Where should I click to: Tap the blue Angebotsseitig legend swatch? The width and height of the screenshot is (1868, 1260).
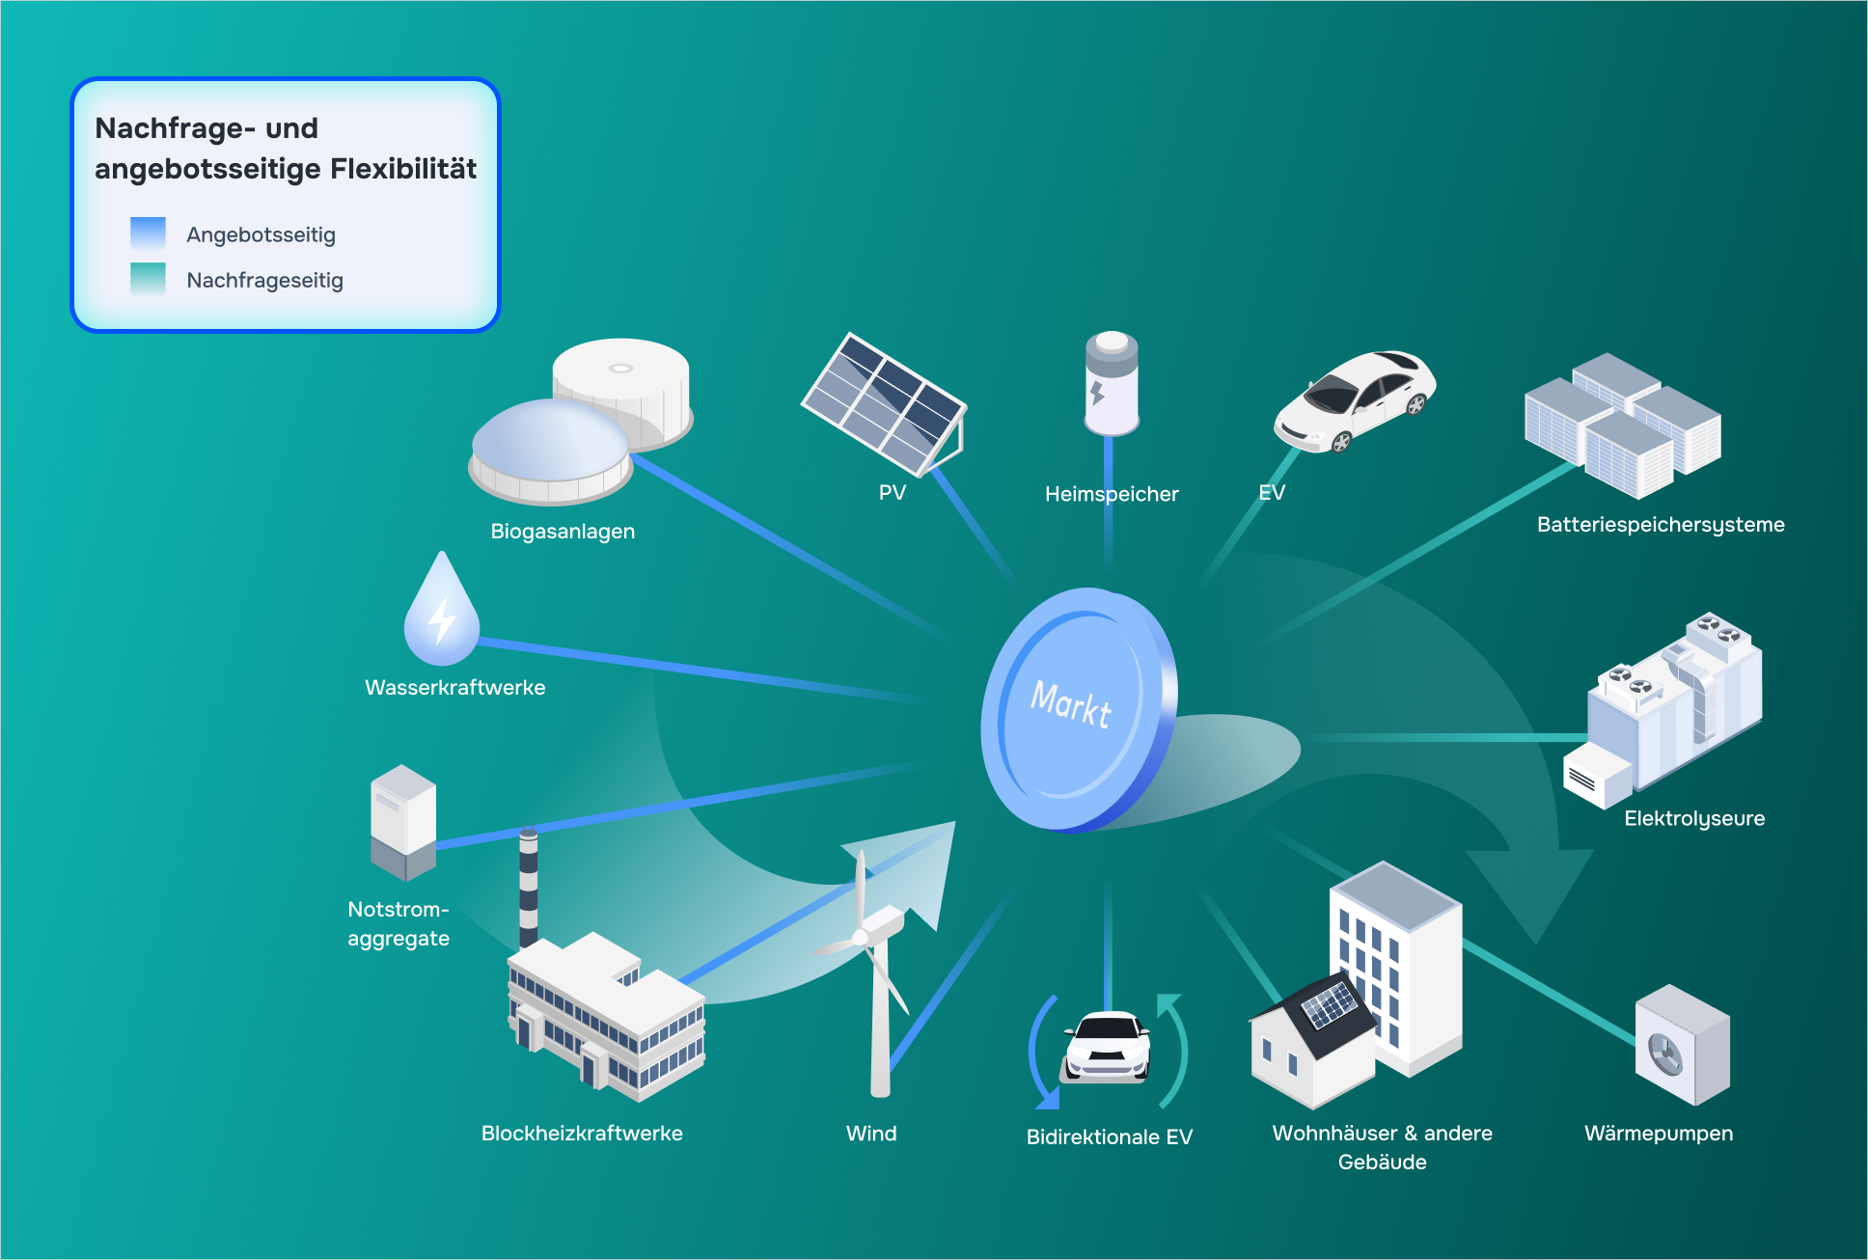coord(148,233)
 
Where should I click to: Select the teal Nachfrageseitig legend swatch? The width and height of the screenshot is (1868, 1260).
coord(148,279)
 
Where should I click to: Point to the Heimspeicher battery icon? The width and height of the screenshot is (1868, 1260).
coord(1112,383)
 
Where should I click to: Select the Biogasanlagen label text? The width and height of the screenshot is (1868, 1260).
coord(563,532)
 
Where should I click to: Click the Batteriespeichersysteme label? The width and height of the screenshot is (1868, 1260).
coord(1661,525)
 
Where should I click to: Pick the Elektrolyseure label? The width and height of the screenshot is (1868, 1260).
coord(1694,818)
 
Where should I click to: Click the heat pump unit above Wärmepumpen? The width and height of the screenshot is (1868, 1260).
coord(1683,1045)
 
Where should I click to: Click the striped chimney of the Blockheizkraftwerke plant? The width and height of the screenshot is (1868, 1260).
coord(528,887)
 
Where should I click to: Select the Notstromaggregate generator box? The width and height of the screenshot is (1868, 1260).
coord(403,822)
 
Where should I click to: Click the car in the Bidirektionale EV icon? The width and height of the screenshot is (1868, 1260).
coord(1108,1047)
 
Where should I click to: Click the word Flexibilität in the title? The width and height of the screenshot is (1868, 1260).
coord(403,169)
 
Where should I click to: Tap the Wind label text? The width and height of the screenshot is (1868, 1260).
coord(871,1134)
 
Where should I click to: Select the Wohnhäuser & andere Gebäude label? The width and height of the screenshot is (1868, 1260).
coord(1383,1147)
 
